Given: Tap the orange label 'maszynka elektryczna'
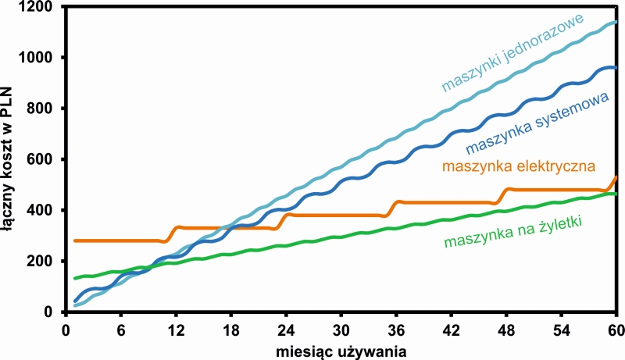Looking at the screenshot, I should click(519, 166).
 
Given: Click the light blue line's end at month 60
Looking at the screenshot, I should click(616, 22).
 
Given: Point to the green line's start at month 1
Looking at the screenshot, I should click(75, 278).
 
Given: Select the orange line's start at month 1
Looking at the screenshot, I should click(75, 241).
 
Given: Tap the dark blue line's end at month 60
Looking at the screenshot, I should click(616, 68).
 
